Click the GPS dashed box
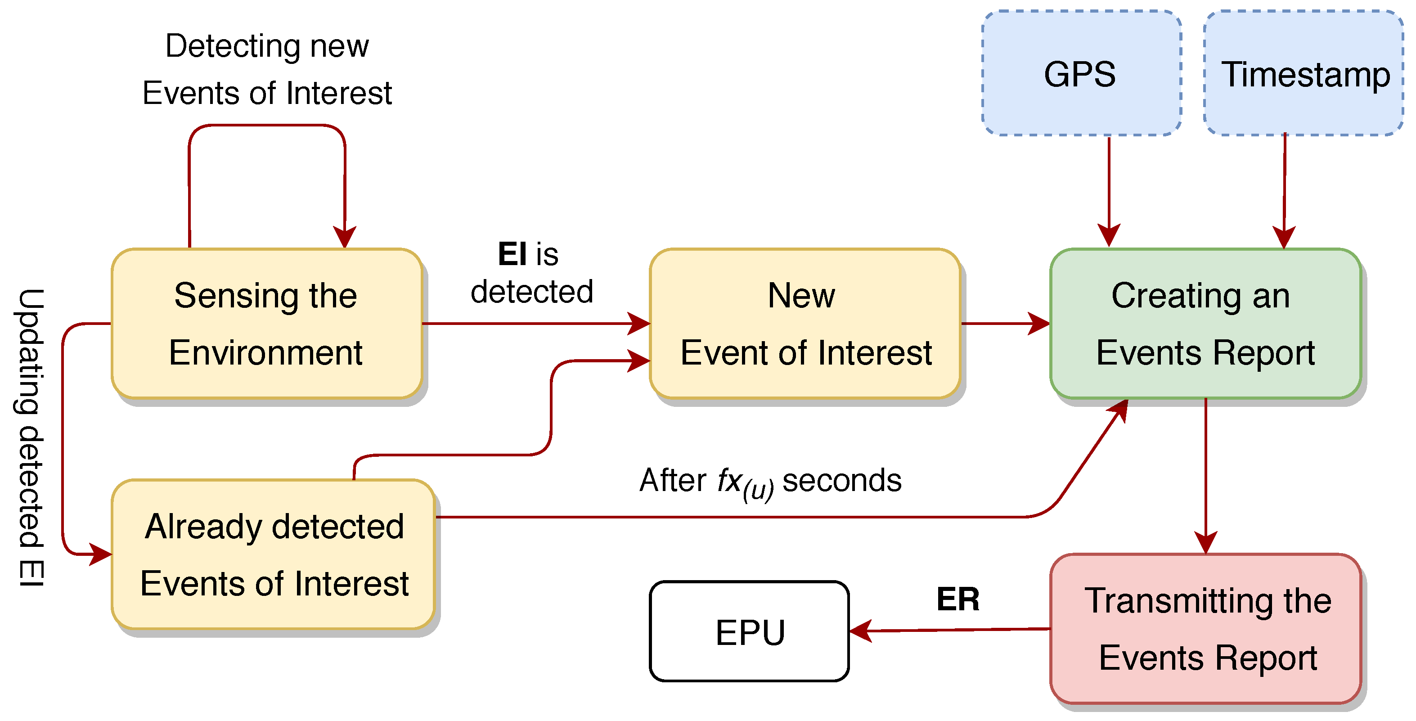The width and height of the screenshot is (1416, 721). [x=1081, y=73]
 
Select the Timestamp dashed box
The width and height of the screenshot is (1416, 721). [x=1304, y=73]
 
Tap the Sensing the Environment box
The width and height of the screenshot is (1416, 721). [x=267, y=324]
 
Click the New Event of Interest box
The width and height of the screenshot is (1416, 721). [x=805, y=324]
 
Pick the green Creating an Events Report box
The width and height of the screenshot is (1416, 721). [x=1205, y=324]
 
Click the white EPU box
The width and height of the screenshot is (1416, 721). [x=749, y=631]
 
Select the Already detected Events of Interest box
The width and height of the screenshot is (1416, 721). [x=273, y=554]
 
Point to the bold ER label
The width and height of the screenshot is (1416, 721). [x=957, y=599]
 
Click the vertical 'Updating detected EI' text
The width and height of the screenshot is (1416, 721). [x=31, y=437]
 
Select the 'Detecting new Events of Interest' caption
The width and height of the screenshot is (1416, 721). [x=267, y=69]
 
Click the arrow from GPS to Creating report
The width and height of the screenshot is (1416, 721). [x=1109, y=187]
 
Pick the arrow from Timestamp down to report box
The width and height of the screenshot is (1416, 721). [x=1284, y=187]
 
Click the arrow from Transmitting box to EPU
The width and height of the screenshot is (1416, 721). [x=951, y=630]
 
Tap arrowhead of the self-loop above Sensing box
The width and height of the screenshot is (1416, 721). [x=345, y=236]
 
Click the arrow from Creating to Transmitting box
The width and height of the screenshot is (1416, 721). [x=1205, y=473]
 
